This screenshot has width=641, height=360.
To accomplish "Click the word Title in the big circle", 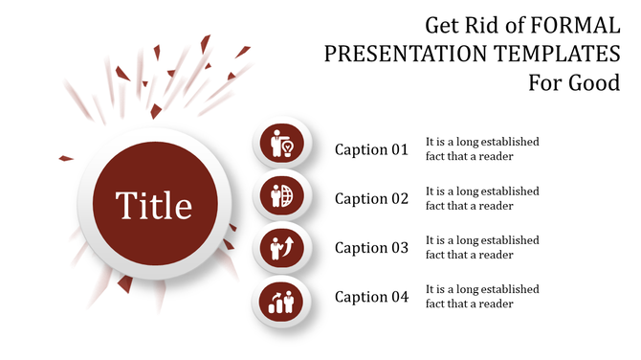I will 154,205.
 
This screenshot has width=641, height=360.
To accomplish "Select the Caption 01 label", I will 371,149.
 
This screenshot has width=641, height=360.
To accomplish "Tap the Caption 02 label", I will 371,199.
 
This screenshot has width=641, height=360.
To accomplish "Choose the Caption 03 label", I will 371,248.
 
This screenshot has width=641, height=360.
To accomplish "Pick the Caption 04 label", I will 371,297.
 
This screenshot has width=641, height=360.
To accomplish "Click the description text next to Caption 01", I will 482,148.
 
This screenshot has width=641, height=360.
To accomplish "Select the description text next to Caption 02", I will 482,198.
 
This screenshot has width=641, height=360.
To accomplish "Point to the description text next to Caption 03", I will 482,247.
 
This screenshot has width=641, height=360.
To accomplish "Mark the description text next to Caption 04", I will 482,296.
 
